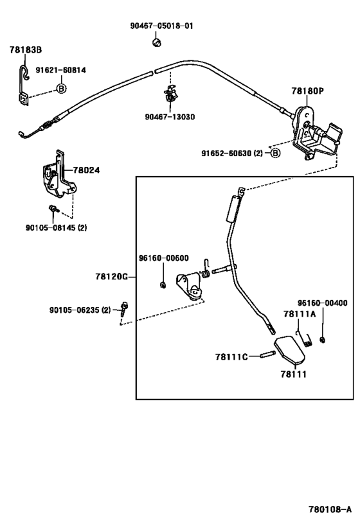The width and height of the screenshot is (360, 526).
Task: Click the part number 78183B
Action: coord(26,49)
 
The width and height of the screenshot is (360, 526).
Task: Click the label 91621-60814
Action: coord(60,71)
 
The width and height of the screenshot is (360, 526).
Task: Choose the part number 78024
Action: coord(85,171)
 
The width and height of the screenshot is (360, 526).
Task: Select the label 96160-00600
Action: coord(163,258)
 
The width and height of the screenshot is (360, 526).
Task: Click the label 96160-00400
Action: coord(322,302)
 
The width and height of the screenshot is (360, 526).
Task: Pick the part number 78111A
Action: coord(300,314)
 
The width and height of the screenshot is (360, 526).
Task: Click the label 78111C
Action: coord(231,356)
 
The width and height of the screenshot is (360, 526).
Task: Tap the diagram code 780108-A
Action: coord(328,511)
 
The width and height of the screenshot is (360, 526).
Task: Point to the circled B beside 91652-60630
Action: coord(274,153)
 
